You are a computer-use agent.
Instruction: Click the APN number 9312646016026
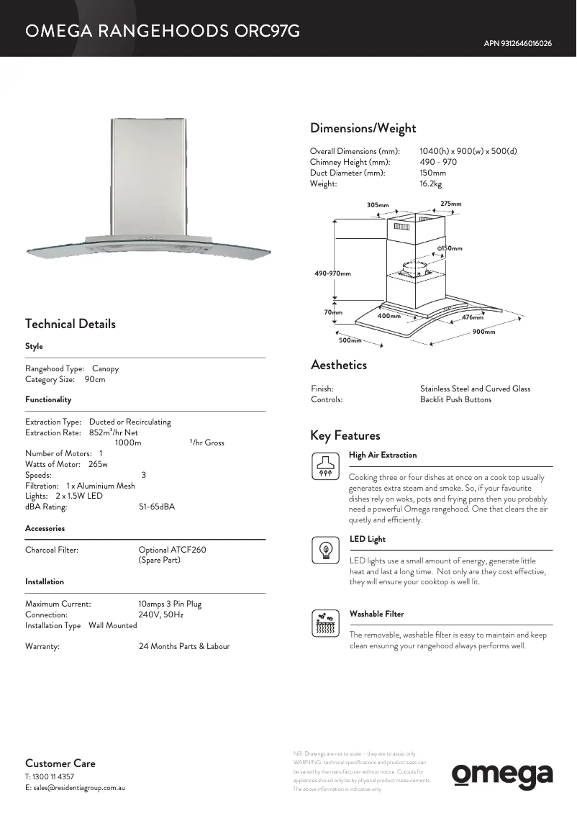point(518,44)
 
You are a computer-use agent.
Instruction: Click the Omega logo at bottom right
point(502,775)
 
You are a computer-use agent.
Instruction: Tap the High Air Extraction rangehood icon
point(324,466)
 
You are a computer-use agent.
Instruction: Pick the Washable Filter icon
point(324,624)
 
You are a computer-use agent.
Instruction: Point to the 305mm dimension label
point(378,205)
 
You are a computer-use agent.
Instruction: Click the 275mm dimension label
point(451,204)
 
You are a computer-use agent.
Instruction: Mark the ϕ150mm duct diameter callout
point(450,248)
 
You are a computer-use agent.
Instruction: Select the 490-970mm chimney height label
point(332,273)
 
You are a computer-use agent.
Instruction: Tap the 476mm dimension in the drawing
point(473,317)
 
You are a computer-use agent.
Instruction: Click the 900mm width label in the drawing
point(484,332)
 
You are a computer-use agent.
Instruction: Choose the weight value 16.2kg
point(430,183)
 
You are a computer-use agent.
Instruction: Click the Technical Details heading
point(70,324)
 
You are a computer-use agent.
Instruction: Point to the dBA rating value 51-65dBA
point(156,507)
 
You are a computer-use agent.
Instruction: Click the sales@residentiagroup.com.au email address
point(75,788)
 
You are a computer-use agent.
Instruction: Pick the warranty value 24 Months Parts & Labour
point(184,646)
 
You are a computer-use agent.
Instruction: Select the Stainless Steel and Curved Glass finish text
point(475,389)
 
